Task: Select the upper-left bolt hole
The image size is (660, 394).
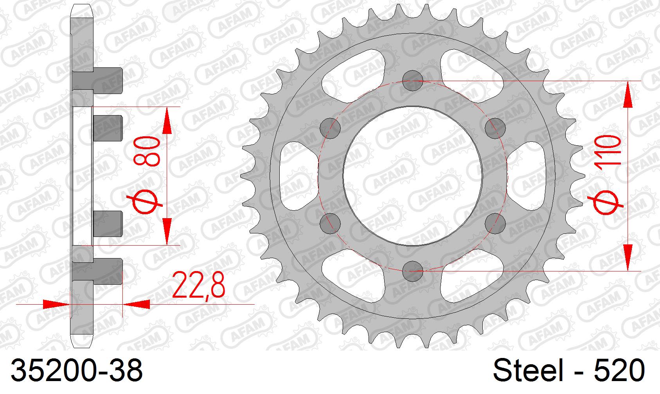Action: pos(330,128)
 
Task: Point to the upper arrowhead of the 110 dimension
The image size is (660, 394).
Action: pos(628,94)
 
